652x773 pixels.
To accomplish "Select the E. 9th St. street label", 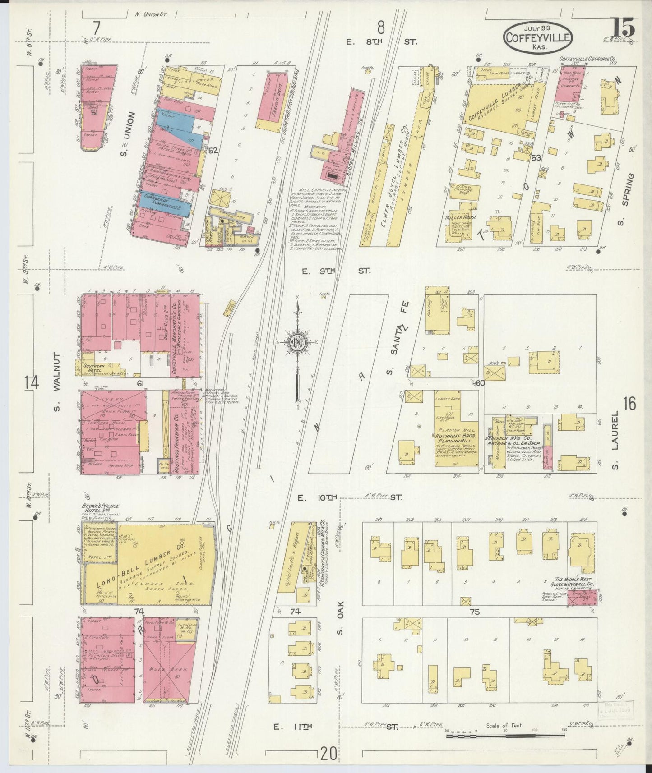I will [x=336, y=271].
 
